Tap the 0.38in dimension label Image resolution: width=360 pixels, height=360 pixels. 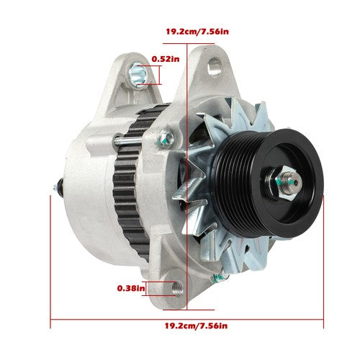coord(131,289)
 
